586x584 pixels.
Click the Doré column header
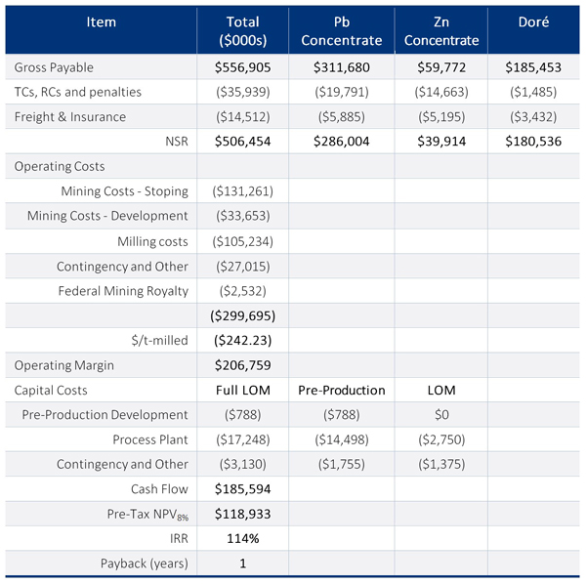pos(534,21)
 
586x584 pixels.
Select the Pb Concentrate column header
pos(341,30)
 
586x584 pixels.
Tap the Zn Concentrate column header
pos(441,30)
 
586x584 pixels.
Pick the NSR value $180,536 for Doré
pos(534,142)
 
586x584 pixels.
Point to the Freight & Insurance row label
pos(70,116)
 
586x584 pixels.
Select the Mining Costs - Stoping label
pos(124,191)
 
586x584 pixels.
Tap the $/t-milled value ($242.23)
pos(242,341)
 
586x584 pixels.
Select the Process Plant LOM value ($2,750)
pos(441,439)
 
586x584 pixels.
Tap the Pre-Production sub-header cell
pos(341,390)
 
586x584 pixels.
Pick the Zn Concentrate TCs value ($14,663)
pos(441,92)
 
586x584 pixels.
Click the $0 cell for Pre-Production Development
pos(441,415)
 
